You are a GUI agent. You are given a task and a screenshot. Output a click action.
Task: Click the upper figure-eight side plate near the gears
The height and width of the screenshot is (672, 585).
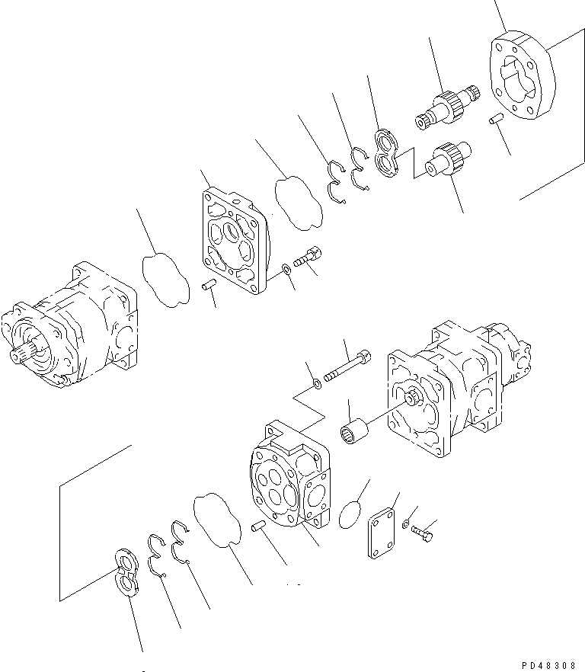coord(391,155)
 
